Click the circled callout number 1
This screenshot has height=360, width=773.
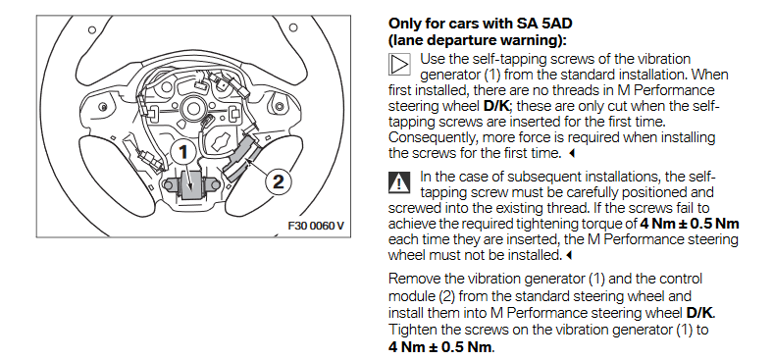(x=183, y=152)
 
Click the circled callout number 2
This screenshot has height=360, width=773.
(x=279, y=181)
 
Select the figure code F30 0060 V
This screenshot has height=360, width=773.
(x=316, y=226)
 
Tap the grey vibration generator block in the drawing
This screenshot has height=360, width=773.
(x=191, y=185)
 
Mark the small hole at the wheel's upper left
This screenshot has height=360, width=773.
(x=92, y=30)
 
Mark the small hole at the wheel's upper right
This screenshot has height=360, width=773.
(x=293, y=27)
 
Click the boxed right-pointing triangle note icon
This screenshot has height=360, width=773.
(x=399, y=64)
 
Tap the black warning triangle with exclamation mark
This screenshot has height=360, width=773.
(x=398, y=183)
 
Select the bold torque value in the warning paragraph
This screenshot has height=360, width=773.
(x=690, y=224)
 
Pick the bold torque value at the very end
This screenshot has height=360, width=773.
(x=439, y=346)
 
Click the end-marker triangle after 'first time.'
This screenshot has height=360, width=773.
(x=572, y=153)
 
